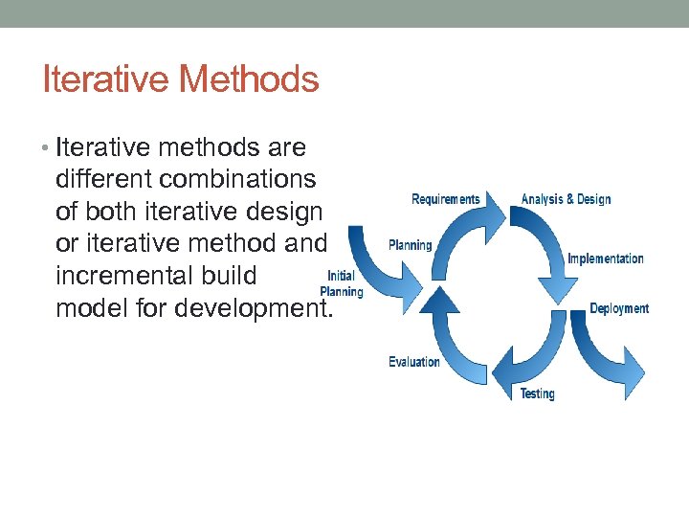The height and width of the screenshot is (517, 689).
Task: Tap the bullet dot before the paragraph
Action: [48, 148]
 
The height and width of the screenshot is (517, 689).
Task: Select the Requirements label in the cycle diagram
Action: [445, 199]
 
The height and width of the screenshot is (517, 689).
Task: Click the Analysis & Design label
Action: [566, 199]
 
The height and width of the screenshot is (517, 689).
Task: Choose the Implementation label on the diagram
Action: [605, 258]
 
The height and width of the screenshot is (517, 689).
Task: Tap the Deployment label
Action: [618, 308]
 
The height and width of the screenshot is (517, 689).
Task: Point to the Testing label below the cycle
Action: [537, 393]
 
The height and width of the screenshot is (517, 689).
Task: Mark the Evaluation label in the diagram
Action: [413, 362]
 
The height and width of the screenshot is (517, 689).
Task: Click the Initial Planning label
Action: [342, 283]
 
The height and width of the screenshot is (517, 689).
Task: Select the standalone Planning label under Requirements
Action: [410, 245]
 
